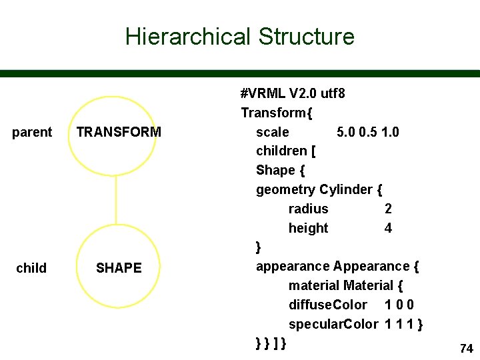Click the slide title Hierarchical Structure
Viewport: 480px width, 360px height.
[239, 36]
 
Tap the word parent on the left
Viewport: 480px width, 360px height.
[32, 132]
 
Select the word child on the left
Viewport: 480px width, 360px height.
[31, 268]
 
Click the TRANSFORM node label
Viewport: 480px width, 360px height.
[119, 132]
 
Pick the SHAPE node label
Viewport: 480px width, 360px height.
[119, 268]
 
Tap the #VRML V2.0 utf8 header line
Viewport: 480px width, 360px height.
[293, 93]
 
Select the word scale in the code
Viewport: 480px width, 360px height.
[273, 132]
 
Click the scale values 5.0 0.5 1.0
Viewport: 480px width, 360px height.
[368, 132]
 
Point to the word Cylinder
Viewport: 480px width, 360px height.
[346, 189]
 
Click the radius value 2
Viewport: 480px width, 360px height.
[388, 209]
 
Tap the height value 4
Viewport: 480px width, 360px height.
[388, 228]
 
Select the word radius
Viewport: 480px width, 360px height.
[308, 209]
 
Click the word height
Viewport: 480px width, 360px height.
[308, 228]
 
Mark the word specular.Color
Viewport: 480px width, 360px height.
[333, 324]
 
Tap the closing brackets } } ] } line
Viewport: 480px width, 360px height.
[271, 343]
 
